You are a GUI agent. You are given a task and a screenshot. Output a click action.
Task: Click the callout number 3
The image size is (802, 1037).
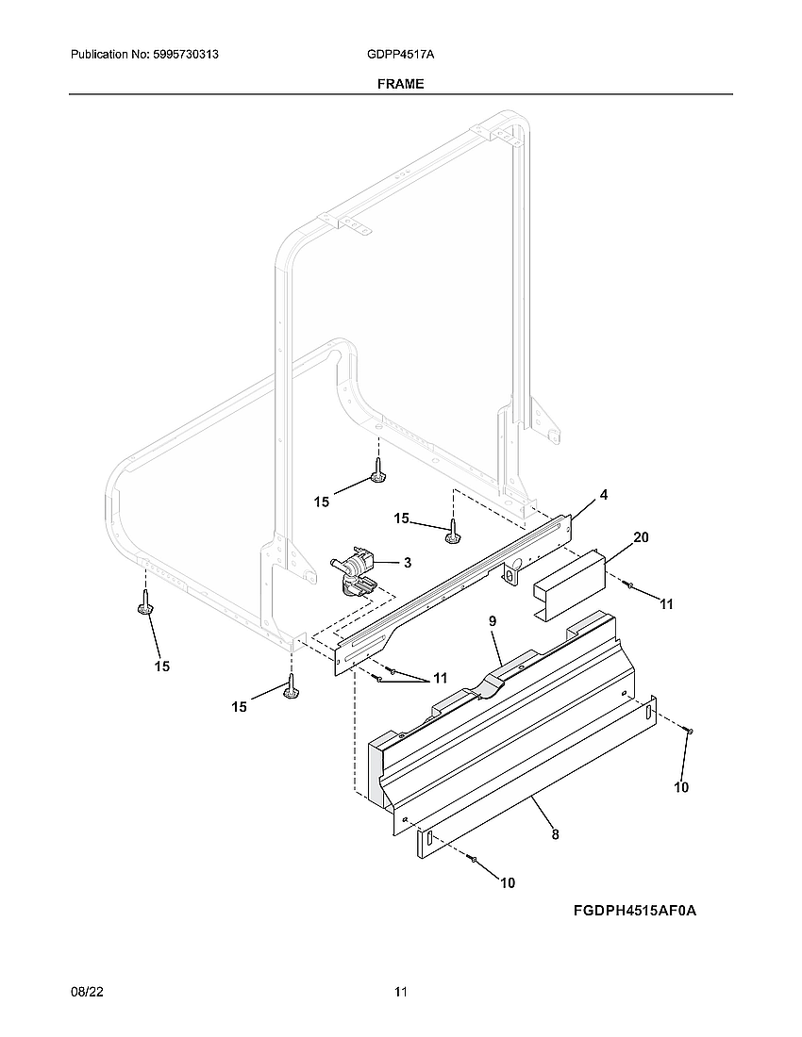click(x=407, y=563)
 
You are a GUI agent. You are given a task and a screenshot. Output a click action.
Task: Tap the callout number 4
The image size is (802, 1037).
click(x=603, y=495)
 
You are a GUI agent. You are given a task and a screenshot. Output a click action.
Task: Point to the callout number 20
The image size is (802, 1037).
click(x=641, y=537)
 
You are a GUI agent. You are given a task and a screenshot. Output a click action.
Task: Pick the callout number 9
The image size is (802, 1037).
click(x=492, y=622)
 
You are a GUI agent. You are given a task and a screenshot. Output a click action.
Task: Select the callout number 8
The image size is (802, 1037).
click(x=555, y=833)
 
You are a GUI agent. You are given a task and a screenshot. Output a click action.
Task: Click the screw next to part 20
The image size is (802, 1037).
click(x=628, y=586)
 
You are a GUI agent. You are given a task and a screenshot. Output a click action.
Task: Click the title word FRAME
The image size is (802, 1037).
click(x=400, y=84)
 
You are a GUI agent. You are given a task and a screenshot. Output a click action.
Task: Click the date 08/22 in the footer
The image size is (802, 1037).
click(x=86, y=992)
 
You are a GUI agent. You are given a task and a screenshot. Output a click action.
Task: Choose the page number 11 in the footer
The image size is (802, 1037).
click(x=401, y=992)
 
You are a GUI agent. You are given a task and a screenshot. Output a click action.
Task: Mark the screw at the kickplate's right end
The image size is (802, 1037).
click(x=688, y=732)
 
